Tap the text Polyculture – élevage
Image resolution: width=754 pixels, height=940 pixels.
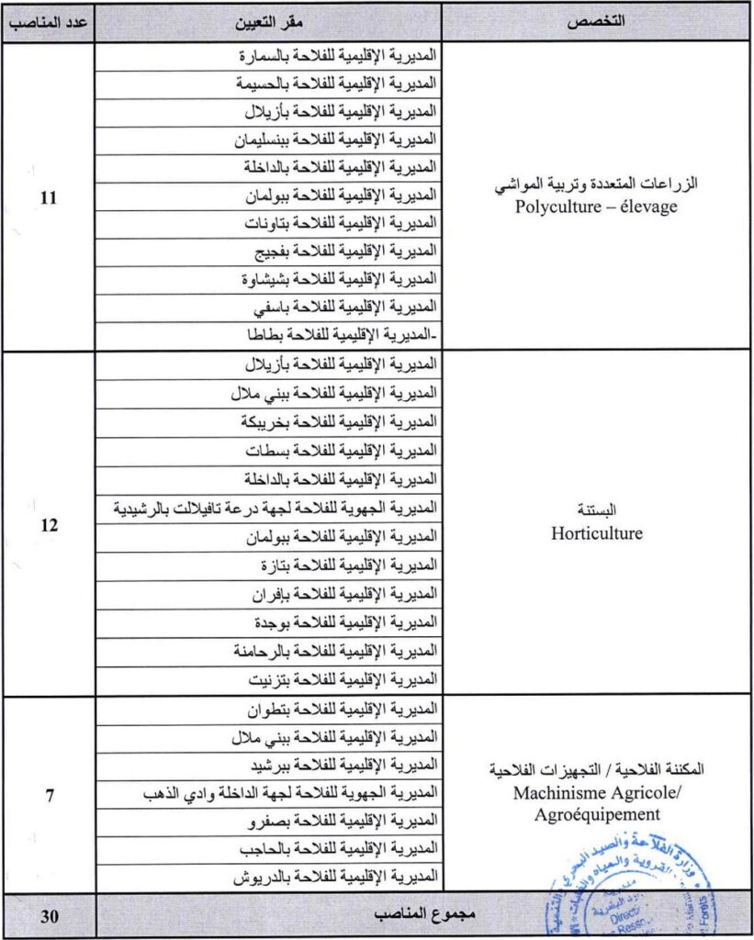(x=596, y=207)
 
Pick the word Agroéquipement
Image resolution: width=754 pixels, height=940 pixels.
(x=596, y=812)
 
